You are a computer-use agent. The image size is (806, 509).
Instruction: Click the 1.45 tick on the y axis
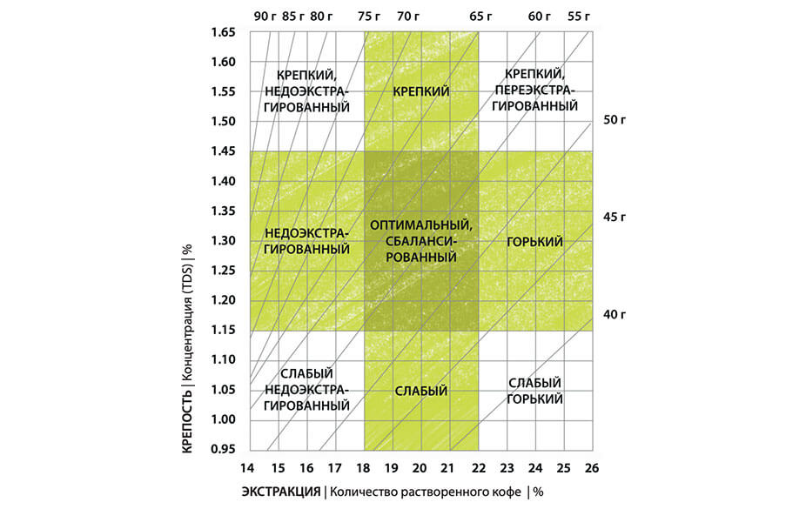coord(225,151)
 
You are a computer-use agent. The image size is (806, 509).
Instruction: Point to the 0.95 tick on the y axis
coord(225,449)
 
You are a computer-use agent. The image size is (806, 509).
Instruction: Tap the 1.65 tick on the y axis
coord(225,33)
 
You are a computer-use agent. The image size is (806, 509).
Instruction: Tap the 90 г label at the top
coord(265,15)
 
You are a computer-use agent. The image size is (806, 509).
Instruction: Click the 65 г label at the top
coord(480,15)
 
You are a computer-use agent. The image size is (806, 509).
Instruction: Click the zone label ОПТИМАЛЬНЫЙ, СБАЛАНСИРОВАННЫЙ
coord(421,241)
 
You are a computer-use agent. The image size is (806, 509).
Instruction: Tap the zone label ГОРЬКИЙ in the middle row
coord(535,241)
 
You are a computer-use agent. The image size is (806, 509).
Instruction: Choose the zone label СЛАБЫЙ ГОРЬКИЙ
coord(535,391)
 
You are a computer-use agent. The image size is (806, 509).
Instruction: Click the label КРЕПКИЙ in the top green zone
coord(421,91)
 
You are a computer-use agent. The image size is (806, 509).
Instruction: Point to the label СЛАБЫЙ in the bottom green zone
coord(421,391)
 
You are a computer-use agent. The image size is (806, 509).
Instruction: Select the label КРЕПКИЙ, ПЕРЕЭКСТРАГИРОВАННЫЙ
coord(535,90)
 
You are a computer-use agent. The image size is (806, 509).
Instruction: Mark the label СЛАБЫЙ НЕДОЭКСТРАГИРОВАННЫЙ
coord(306,391)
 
